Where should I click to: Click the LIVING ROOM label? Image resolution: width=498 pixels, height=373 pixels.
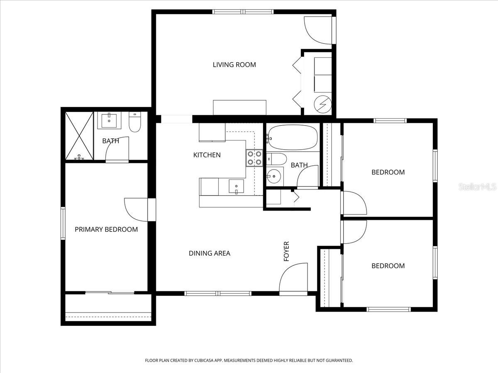[234, 65]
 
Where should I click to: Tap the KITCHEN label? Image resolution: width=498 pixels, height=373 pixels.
[207, 155]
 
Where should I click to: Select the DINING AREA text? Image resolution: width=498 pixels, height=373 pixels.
[209, 253]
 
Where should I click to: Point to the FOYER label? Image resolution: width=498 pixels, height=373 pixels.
[286, 251]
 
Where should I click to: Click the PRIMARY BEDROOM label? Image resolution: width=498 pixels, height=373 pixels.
[106, 229]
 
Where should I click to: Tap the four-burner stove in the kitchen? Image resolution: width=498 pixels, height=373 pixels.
[254, 157]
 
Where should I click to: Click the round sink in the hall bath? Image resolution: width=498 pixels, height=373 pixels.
[274, 176]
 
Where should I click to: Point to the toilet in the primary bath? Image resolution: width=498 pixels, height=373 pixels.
[135, 122]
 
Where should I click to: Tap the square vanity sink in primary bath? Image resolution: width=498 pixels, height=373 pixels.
[110, 121]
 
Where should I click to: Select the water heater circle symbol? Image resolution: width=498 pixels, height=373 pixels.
[322, 104]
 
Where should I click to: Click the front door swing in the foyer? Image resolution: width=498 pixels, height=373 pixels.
[293, 278]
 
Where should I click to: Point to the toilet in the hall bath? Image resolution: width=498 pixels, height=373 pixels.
[276, 159]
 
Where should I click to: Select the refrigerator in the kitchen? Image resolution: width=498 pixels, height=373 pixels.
[212, 132]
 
